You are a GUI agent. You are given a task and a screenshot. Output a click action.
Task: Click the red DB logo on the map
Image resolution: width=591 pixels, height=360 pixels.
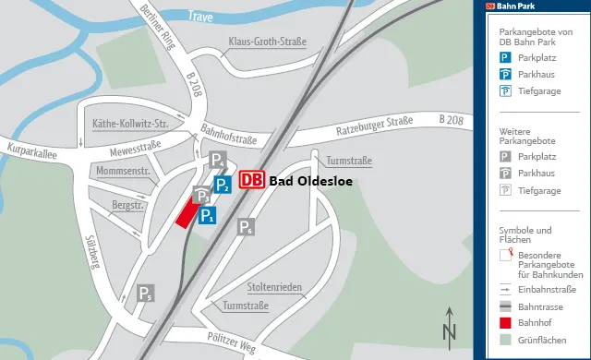coord(252,181)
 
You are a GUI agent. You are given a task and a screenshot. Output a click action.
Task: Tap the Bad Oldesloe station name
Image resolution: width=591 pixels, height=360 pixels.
coord(311,181)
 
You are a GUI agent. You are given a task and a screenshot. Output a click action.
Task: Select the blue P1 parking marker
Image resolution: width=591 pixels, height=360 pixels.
coord(208,217)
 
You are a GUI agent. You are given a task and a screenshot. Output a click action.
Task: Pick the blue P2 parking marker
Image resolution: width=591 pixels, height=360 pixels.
coord(223,186)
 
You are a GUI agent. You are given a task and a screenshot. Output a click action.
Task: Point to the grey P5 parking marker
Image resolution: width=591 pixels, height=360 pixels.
coord(146,294)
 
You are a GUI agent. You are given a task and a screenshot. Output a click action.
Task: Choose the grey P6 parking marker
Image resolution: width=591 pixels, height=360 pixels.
coord(246,227)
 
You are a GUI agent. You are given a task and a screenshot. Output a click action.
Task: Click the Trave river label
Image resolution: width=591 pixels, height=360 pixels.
coord(199,16)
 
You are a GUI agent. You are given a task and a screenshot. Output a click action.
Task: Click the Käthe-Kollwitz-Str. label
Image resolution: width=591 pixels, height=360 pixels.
coord(130,124)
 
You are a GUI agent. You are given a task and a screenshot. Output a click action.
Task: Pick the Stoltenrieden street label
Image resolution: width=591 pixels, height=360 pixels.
coord(274,287)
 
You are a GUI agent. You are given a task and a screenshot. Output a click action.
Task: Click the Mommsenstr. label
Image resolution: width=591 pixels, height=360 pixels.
coord(122,171)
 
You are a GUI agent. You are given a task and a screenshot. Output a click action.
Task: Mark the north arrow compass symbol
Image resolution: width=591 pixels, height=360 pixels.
coord(450,325)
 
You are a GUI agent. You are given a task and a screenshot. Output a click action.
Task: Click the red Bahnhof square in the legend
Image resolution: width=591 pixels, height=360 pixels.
coord(505,323)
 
